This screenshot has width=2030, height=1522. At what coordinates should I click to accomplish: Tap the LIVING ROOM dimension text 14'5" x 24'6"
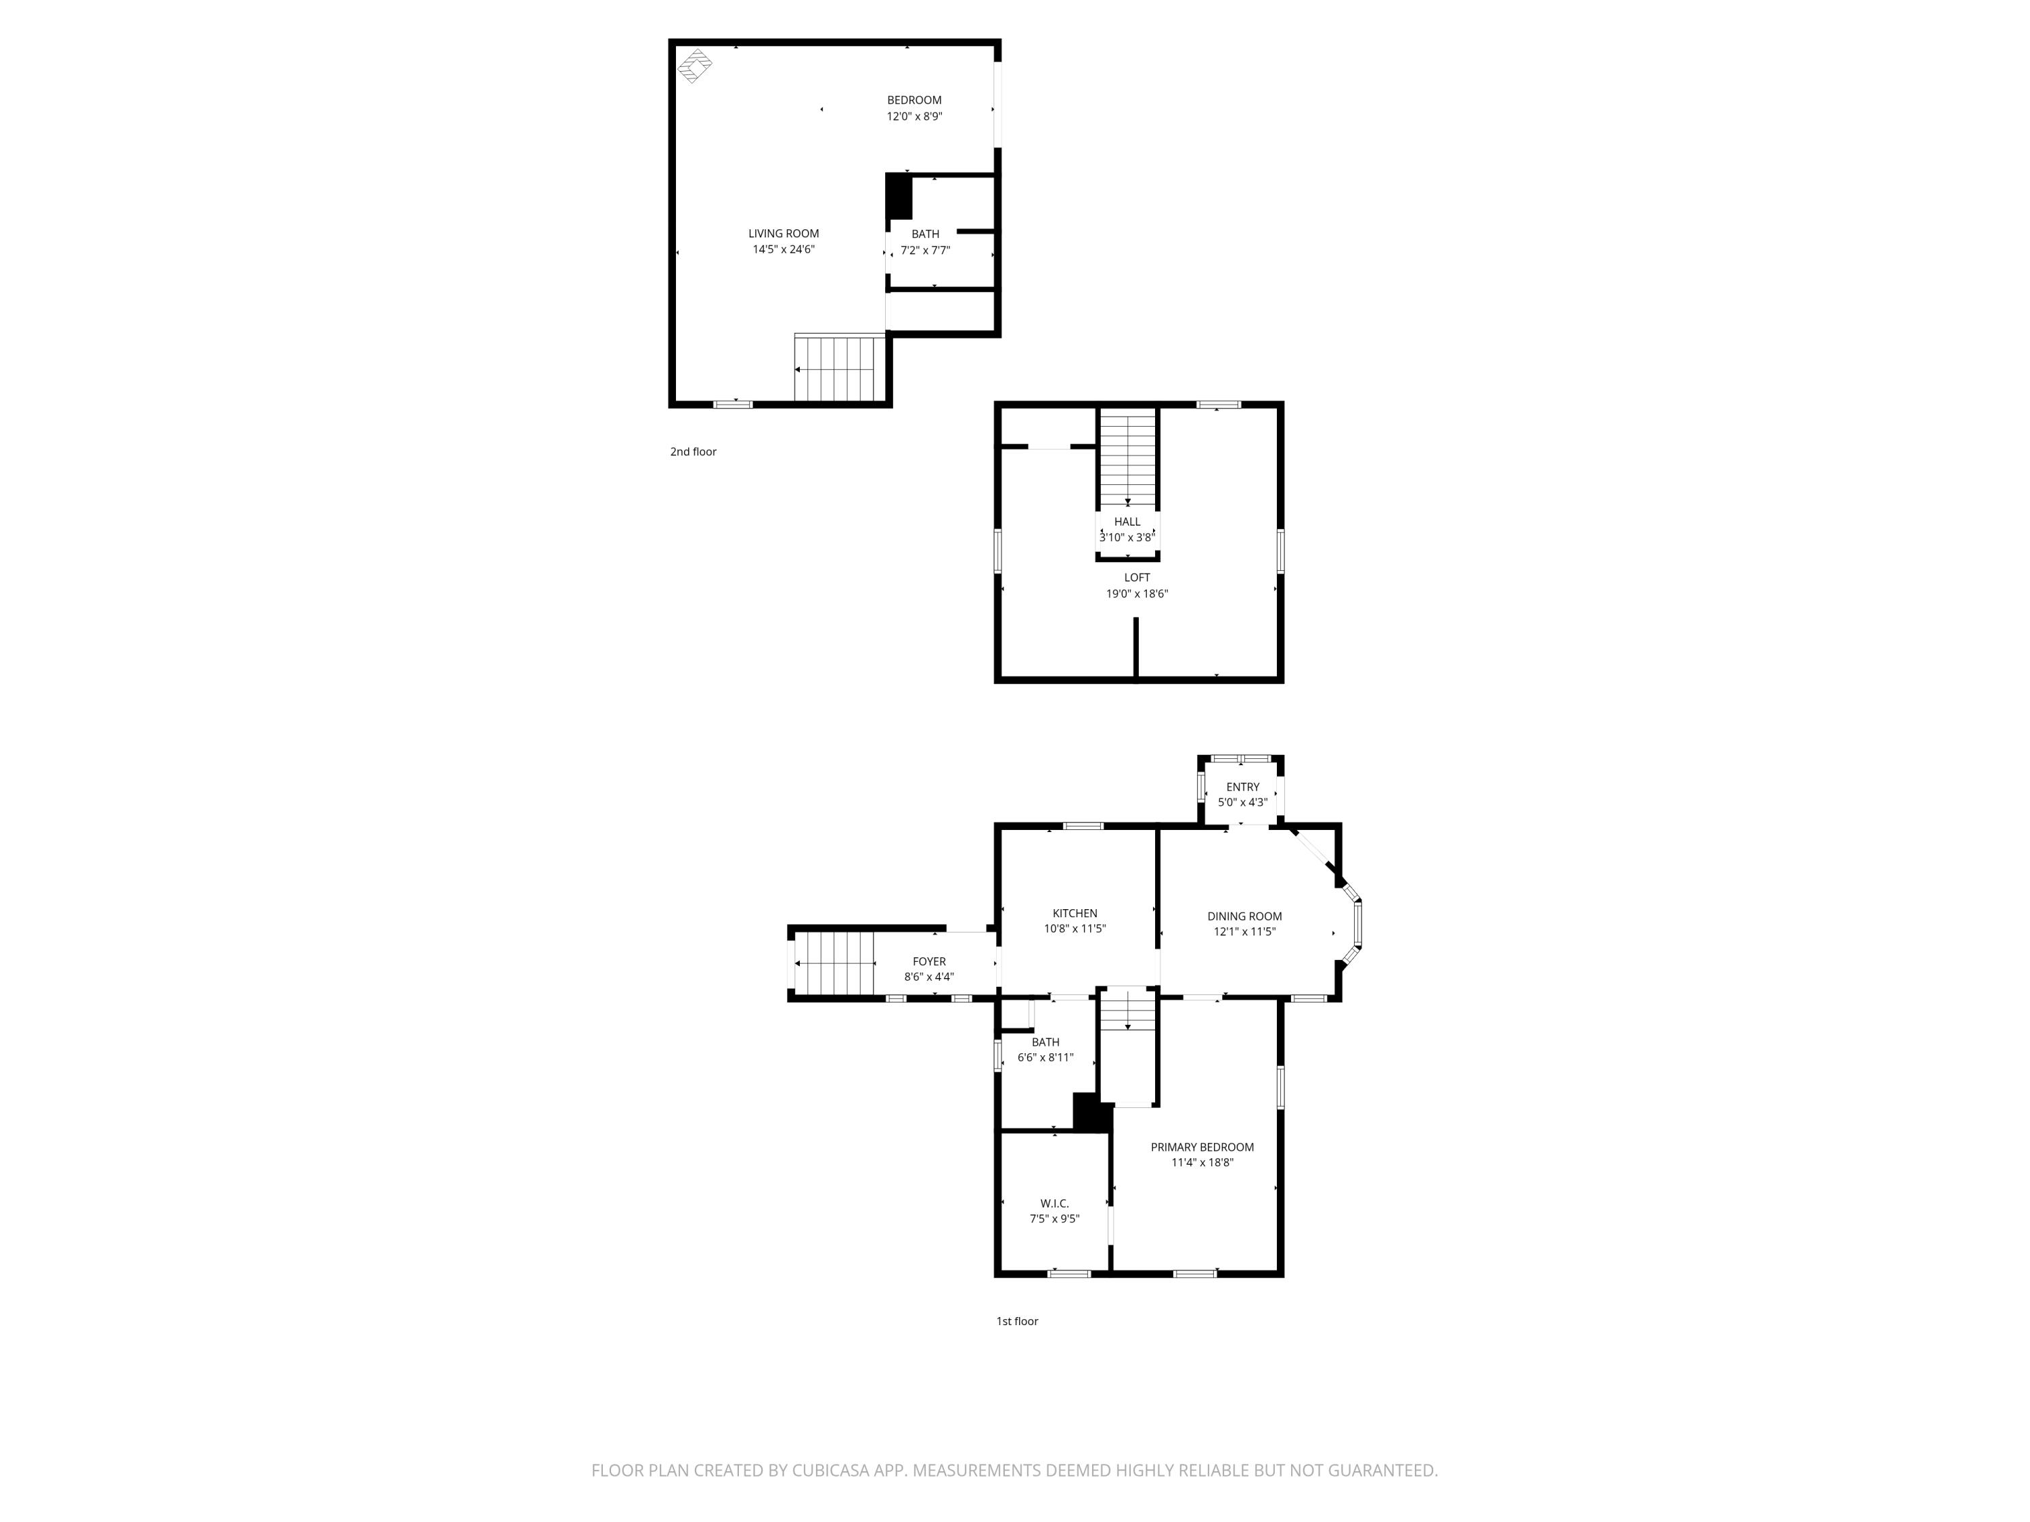pyautogui.click(x=783, y=250)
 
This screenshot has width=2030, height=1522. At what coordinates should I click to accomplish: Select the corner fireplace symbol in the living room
pyautogui.click(x=695, y=66)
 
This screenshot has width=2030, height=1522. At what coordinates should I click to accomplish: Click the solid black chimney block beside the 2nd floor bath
pyautogui.click(x=899, y=195)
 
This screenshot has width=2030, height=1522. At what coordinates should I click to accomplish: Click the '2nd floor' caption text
pyautogui.click(x=693, y=451)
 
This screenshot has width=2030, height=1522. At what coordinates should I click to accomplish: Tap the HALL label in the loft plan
pyautogui.click(x=1127, y=521)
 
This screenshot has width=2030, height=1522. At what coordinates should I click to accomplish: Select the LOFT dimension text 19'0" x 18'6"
pyautogui.click(x=1136, y=593)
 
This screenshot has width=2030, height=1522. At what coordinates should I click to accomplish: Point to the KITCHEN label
pyautogui.click(x=1075, y=913)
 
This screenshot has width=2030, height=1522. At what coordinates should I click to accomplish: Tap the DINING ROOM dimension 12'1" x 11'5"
pyautogui.click(x=1244, y=931)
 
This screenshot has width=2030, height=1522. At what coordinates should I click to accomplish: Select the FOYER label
pyautogui.click(x=929, y=961)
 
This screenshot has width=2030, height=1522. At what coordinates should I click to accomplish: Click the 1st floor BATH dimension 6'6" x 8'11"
pyautogui.click(x=1045, y=1057)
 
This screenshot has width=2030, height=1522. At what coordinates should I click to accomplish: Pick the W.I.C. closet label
pyautogui.click(x=1054, y=1203)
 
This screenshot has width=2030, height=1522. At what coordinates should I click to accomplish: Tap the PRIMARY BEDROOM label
pyautogui.click(x=1202, y=1147)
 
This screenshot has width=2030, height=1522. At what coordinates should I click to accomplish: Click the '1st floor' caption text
pyautogui.click(x=1017, y=1321)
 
